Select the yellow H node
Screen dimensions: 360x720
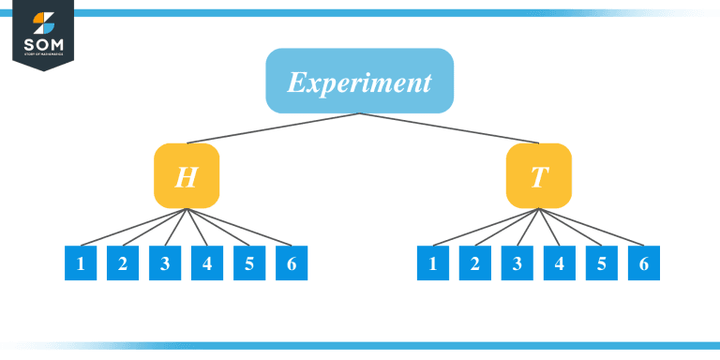tap(187, 175)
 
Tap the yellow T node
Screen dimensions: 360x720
tap(538, 175)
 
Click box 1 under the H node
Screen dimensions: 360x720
tap(81, 263)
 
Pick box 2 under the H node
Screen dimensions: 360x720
tap(123, 263)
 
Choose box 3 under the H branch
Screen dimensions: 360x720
tap(165, 263)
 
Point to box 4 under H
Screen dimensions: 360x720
tap(207, 263)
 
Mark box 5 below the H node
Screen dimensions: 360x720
tap(249, 263)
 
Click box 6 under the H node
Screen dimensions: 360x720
tap(292, 263)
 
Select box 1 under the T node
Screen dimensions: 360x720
tap(433, 263)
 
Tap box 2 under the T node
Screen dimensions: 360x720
tap(475, 263)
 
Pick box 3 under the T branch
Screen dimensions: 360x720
tap(517, 263)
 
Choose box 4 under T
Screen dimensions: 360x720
tap(560, 263)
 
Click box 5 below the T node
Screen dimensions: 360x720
tap(602, 263)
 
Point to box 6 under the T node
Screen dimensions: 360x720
tap(644, 263)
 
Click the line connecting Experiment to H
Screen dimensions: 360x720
tap(272, 129)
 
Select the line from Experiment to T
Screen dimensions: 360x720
tap(450, 129)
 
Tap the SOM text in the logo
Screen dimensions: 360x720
tap(43, 44)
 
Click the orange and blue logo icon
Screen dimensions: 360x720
tap(43, 22)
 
